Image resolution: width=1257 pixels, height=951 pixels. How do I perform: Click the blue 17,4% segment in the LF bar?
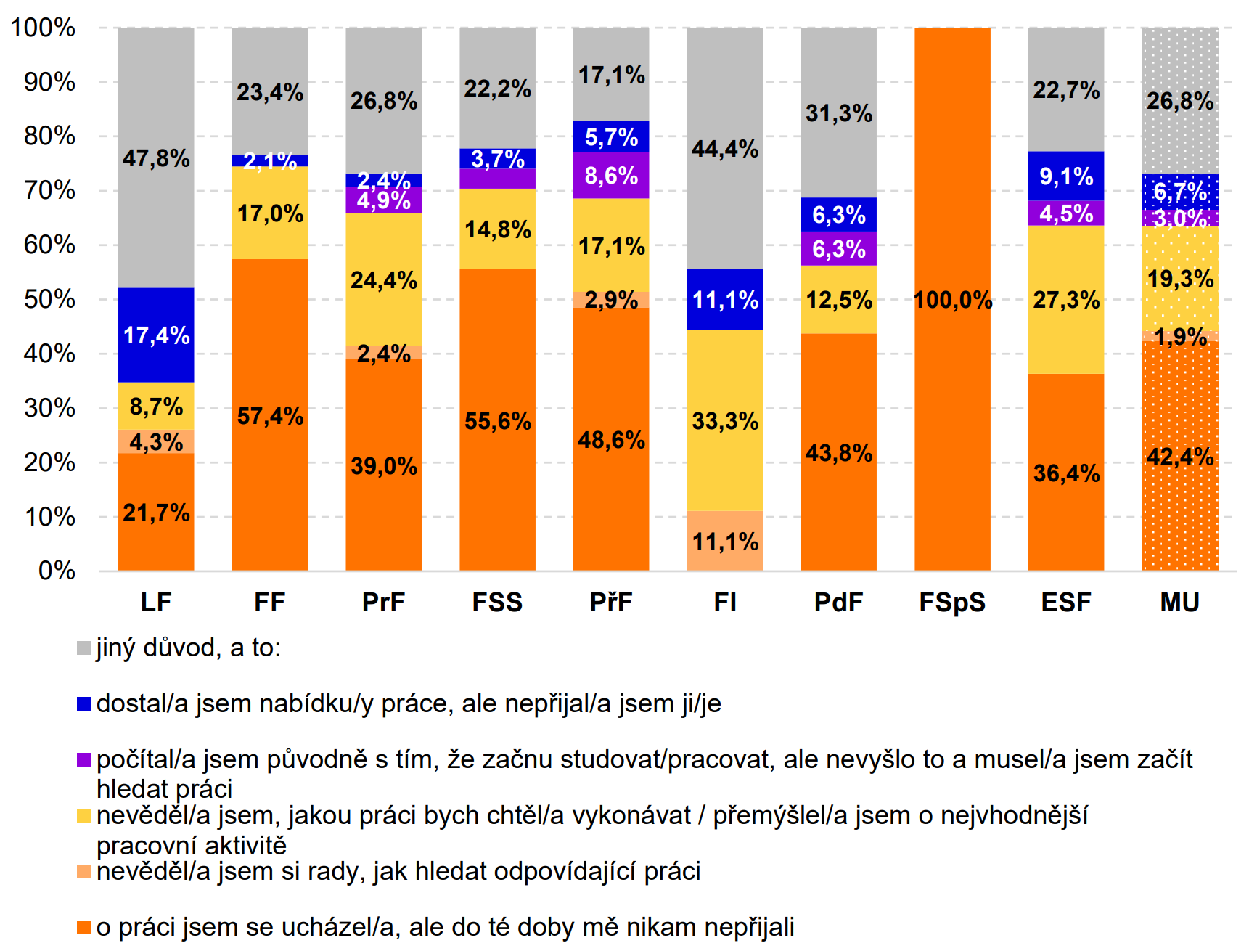coord(156,335)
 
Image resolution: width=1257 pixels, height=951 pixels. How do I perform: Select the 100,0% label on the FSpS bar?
coord(952,300)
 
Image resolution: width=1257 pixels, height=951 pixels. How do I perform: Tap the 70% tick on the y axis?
coord(49,191)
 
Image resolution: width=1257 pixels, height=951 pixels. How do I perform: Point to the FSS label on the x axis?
coord(497,602)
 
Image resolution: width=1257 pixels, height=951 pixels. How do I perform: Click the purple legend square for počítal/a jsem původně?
coord(84,759)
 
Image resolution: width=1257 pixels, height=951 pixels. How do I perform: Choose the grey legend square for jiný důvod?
coord(84,648)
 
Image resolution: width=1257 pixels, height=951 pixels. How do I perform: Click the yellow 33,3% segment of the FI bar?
coord(725,420)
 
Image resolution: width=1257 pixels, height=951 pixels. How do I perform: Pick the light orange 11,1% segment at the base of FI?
coord(725,541)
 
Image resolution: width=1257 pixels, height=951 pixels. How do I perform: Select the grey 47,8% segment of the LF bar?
coord(156,158)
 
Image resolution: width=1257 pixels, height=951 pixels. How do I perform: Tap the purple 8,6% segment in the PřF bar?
coord(611,175)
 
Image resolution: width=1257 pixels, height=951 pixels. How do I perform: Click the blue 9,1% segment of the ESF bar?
coord(1066,176)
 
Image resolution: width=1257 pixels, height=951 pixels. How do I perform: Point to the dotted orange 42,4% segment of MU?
coord(1179,456)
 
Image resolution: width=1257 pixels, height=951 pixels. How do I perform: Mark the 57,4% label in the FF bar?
coord(270,416)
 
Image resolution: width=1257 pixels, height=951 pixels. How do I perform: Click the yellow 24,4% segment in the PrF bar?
coord(383,279)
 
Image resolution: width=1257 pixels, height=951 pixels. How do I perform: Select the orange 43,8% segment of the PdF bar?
coord(838,453)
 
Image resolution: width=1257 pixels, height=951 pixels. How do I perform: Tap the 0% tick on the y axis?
coord(57,571)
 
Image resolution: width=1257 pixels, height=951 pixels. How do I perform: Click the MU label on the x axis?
coord(1179,602)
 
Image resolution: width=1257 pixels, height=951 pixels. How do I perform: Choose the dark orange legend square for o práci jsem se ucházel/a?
coord(84,927)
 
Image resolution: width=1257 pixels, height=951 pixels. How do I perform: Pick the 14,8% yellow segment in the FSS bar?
coord(497,229)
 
